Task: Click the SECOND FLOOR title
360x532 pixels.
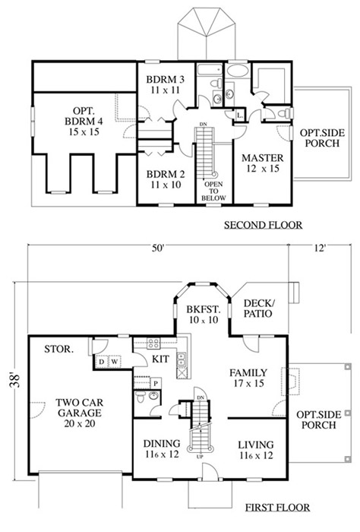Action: [263, 225]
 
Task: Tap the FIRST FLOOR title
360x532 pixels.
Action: [277, 508]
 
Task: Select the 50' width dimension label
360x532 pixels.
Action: [158, 249]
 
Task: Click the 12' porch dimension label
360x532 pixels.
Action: [320, 249]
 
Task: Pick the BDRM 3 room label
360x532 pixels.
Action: [166, 85]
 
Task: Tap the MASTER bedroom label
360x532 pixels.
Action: [263, 163]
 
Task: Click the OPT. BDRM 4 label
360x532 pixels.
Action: [84, 121]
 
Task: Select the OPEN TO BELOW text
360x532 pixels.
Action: [213, 191]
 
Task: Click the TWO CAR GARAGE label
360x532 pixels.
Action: [79, 413]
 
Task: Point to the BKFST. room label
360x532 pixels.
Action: [204, 315]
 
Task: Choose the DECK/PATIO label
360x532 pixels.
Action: [258, 308]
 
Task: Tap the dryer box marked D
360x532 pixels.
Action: [101, 362]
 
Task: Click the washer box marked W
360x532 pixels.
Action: [115, 362]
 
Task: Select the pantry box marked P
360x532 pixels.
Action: [156, 383]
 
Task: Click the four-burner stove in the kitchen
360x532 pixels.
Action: [153, 344]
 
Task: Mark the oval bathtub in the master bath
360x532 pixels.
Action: [238, 71]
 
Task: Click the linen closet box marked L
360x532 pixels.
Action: [240, 116]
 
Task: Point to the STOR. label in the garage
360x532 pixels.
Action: [58, 349]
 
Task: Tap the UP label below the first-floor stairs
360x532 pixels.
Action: [200, 457]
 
